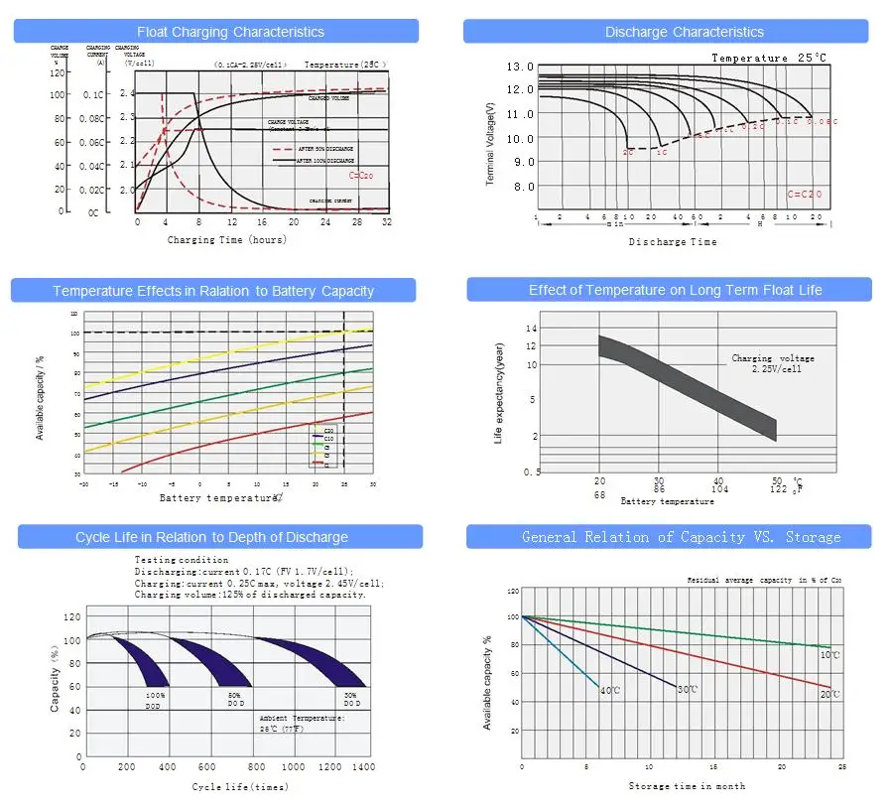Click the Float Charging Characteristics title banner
tap(216, 33)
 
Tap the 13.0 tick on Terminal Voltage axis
tap(521, 67)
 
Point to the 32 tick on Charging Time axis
tap(386, 222)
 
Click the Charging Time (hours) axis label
tap(227, 240)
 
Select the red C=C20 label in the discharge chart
tap(805, 195)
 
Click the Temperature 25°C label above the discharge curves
tap(768, 59)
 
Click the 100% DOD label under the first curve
tap(156, 700)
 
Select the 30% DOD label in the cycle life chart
tap(351, 700)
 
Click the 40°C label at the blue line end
tap(609, 690)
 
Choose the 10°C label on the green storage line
tap(829, 655)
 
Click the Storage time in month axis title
tap(687, 787)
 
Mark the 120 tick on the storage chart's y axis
tap(513, 591)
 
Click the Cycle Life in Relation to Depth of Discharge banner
tap(211, 537)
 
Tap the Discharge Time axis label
tap(673, 242)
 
